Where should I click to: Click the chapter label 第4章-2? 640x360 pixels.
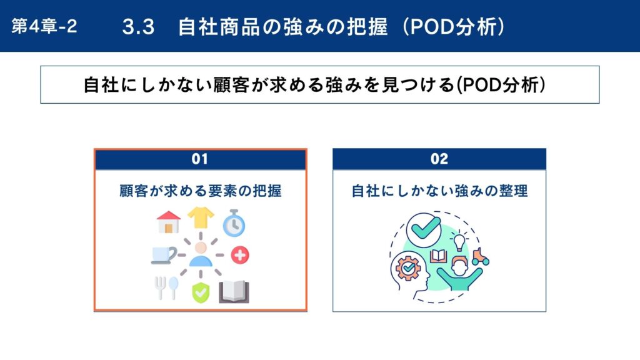point(44,26)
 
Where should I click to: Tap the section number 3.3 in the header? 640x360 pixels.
point(138,27)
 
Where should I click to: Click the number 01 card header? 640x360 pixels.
point(201,159)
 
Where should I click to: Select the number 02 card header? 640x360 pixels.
point(439,159)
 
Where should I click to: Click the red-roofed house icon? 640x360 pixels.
point(169,222)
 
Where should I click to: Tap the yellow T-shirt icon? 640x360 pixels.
point(201,217)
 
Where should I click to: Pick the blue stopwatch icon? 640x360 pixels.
point(234,223)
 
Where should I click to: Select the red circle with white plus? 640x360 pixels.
point(240,255)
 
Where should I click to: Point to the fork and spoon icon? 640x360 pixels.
point(166,287)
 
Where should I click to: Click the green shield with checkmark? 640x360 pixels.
point(201,292)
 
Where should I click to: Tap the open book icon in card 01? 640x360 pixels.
point(234,292)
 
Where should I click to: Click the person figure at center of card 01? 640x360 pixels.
point(201,254)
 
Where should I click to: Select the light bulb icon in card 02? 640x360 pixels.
point(459,241)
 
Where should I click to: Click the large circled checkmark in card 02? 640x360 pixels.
point(424,230)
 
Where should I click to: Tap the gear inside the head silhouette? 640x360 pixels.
point(408,268)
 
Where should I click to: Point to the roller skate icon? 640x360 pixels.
point(481,257)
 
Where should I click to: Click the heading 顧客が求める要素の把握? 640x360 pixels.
point(201,191)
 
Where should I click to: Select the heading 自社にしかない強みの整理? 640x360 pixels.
point(439,191)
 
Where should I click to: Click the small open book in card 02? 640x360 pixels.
point(438,256)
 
